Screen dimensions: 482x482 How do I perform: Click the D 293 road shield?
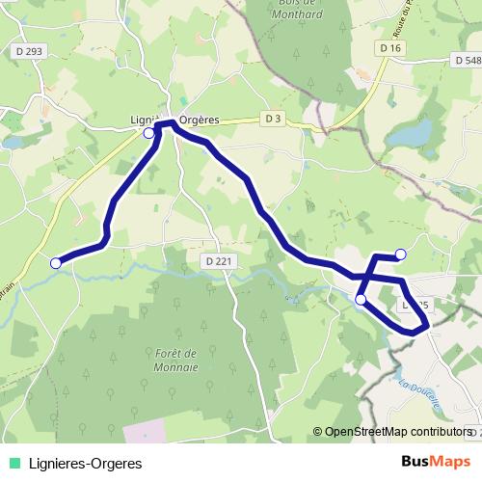(x=28, y=50)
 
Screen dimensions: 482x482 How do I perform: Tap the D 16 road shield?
(x=389, y=48)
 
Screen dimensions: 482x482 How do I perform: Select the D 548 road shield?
(x=466, y=60)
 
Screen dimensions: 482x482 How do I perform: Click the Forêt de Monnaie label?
(x=176, y=361)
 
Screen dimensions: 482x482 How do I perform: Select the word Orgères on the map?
(x=200, y=120)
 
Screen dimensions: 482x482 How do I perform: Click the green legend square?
(x=14, y=464)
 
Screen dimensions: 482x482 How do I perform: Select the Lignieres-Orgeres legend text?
(x=86, y=464)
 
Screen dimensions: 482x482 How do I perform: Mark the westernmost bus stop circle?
(x=56, y=262)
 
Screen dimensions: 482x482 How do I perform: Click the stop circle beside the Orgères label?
(x=148, y=134)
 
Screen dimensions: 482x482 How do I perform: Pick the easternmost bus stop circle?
(x=401, y=254)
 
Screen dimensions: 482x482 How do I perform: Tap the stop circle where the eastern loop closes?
(x=361, y=300)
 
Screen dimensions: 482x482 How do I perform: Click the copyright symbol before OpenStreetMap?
(x=317, y=432)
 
